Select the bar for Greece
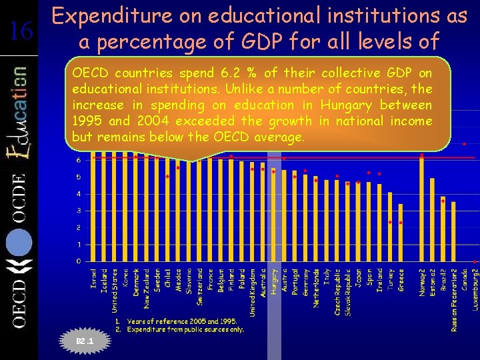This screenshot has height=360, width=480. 401,233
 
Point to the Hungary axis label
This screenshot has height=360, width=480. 274,283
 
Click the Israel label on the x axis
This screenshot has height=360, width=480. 94,279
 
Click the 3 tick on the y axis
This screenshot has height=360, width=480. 79,211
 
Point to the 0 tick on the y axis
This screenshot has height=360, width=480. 79,261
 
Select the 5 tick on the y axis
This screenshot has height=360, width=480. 79,177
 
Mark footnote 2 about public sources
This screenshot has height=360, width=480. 181,329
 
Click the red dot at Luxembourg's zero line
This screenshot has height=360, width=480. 474,261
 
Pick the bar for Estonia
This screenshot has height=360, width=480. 433,220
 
